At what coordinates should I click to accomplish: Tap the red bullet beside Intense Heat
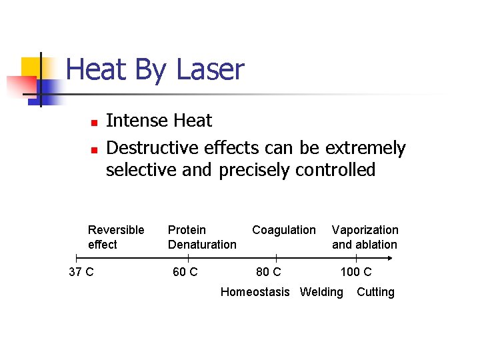tap(94, 123)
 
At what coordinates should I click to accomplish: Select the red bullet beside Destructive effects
tap(94, 149)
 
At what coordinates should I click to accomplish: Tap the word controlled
tap(334, 170)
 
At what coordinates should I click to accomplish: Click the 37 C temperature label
tap(81, 272)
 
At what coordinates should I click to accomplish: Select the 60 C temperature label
tap(185, 272)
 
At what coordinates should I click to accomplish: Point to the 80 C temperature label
tap(269, 272)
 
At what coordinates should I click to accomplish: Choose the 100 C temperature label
tap(356, 272)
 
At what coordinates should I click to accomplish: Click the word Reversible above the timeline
tap(116, 230)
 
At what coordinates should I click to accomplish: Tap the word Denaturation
tap(202, 245)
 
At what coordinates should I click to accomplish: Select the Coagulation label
tap(284, 230)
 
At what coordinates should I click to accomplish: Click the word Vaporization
tap(365, 230)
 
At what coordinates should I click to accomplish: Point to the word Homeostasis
tap(255, 292)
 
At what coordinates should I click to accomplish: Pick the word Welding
tap(321, 292)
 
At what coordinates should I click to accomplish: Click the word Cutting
tap(375, 292)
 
